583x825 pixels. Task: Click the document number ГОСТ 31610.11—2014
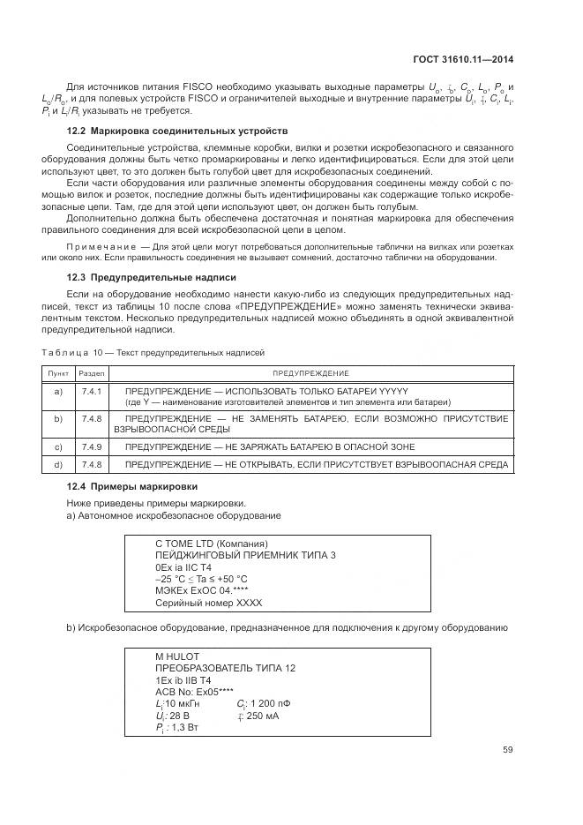[x=464, y=61]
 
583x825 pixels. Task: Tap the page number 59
[x=507, y=750]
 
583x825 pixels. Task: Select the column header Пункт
[x=57, y=374]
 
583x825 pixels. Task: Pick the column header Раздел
[x=91, y=374]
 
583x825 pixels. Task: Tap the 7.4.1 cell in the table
[x=91, y=390]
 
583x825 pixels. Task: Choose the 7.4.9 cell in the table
[x=91, y=446]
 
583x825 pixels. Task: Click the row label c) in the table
[x=57, y=446]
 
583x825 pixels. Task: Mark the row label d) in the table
[x=57, y=463]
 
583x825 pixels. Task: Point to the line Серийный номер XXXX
[x=208, y=603]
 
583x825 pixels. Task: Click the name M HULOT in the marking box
[x=176, y=657]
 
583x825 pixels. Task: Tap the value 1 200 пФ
[x=270, y=703]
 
